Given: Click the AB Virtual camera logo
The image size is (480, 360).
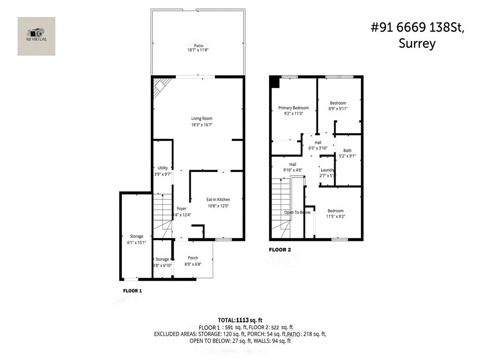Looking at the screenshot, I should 36,34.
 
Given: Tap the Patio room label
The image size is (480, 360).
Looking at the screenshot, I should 198,45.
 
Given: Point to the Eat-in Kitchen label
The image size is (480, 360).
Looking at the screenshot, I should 218,200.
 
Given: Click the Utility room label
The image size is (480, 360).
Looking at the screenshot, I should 163,168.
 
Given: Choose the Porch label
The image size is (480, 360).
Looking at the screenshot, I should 193,258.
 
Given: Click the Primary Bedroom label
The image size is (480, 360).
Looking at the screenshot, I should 293,108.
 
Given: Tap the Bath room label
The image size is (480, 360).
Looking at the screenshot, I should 347,150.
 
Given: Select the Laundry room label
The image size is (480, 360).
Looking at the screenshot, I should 327,170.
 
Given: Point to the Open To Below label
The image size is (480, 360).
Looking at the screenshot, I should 297,212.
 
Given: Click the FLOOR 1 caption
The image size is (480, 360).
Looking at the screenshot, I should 133,291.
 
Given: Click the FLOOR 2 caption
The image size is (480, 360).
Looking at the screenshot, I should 280,250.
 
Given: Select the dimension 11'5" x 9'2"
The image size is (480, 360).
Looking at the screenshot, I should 336,217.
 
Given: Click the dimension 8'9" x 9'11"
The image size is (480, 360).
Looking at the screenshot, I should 338,109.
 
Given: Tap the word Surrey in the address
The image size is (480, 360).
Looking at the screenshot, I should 417,44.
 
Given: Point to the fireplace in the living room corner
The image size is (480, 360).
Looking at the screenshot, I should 161,87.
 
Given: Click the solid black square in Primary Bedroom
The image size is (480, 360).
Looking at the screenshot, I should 274,82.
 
